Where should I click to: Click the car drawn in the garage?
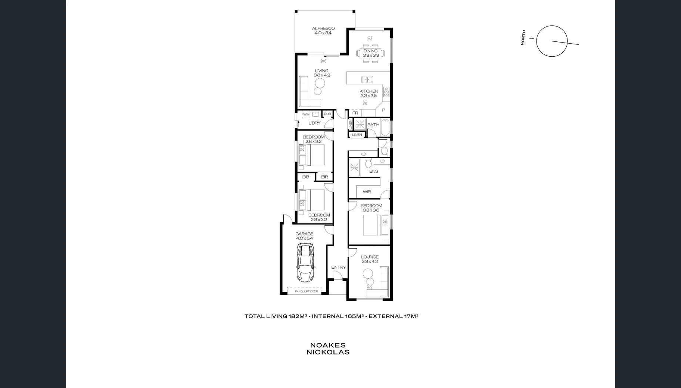[305, 263]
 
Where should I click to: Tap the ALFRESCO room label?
[323, 28]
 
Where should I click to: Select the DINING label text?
[370, 51]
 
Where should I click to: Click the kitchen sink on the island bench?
[367, 79]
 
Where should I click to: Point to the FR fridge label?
[355, 113]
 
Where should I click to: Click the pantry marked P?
[383, 110]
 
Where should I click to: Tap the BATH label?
[373, 125]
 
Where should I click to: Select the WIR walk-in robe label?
[367, 192]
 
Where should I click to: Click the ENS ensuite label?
[373, 171]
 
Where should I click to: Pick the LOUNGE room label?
[370, 257]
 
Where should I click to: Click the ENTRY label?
[338, 267]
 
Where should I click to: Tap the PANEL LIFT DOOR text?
[306, 291]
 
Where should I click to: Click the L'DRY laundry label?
[314, 123]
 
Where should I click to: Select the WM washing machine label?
[306, 114]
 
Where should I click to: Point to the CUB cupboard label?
[327, 114]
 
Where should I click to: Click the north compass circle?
[552, 41]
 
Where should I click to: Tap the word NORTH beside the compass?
[523, 38]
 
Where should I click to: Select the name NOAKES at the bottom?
[328, 345]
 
